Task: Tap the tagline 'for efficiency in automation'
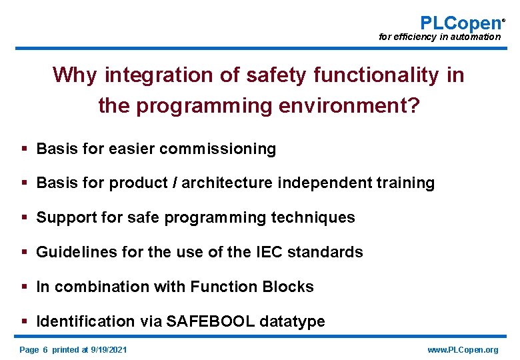(439, 37)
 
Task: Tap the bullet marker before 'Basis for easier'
(24, 149)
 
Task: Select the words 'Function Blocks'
(251, 287)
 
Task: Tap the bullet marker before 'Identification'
(24, 321)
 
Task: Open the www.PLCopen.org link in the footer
(463, 350)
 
